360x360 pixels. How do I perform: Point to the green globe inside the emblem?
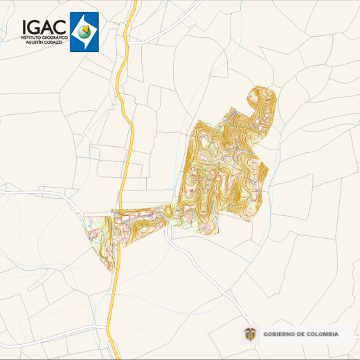tap(83, 30)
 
